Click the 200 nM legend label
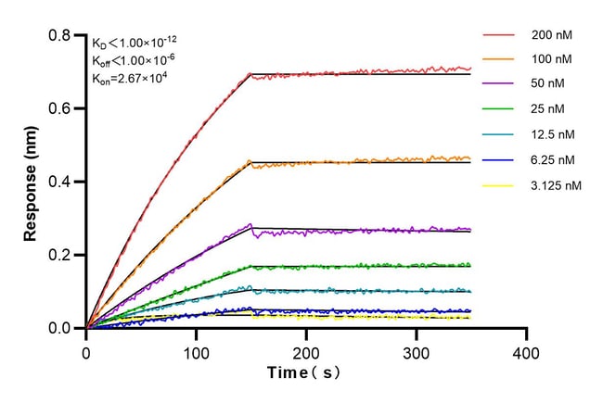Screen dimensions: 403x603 click(551, 34)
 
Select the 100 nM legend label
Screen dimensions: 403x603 click(551, 59)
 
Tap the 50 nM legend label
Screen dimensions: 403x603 click(548, 84)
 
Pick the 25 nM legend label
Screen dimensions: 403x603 click(548, 109)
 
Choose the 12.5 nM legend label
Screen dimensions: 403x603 click(552, 134)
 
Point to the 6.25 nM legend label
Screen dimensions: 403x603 click(552, 159)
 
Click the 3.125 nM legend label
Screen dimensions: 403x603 click(556, 185)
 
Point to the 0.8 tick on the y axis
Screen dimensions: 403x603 click(60, 36)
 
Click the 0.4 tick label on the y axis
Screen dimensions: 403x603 click(60, 182)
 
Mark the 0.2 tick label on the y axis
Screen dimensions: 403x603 click(60, 255)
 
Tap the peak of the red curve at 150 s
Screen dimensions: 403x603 click(250, 74)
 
